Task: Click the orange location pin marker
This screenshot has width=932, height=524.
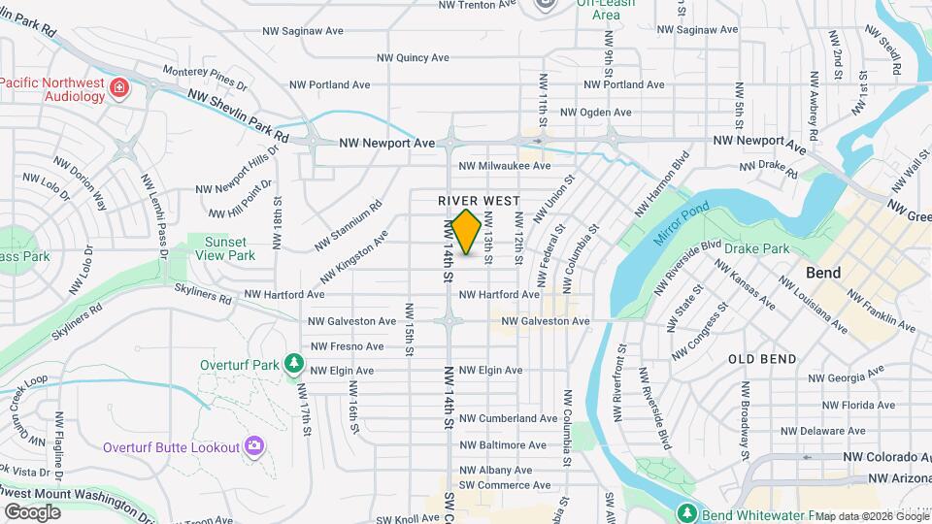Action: [x=467, y=231]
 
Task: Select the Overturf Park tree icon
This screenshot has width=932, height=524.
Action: [x=292, y=365]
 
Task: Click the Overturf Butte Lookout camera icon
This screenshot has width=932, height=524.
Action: [x=254, y=446]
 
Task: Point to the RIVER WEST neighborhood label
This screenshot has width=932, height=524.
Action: [x=480, y=200]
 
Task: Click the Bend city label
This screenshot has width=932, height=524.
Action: [x=823, y=273]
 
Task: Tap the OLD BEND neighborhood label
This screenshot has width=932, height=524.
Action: [x=763, y=358]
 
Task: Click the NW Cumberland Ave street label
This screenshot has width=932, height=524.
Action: [x=508, y=418]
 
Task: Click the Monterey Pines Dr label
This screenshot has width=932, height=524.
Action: [x=199, y=76]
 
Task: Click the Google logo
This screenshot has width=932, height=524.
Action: [x=32, y=511]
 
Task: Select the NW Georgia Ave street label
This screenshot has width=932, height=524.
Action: [x=846, y=378]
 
